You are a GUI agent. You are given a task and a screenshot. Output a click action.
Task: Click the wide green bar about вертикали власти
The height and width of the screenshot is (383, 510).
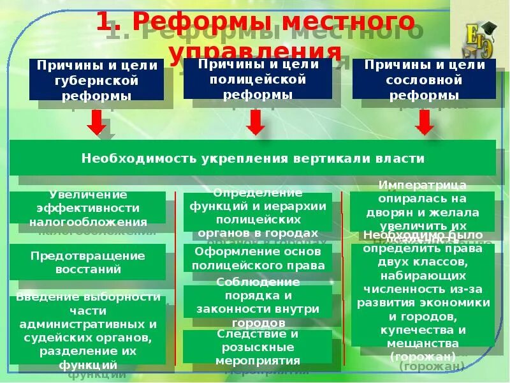pos(252,158)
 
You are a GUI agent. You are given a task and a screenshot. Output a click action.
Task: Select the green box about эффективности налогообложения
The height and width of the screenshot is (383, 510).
pos(88,208)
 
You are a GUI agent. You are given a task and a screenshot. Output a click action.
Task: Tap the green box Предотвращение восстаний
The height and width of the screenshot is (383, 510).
pos(88,262)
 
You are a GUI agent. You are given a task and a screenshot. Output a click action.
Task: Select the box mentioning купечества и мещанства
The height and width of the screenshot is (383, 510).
pos(423,294)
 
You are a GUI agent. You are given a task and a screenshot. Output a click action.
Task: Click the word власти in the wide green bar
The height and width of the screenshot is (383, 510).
pos(399,158)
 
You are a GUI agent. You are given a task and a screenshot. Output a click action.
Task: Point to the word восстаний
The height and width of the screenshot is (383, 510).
pos(88,269)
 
